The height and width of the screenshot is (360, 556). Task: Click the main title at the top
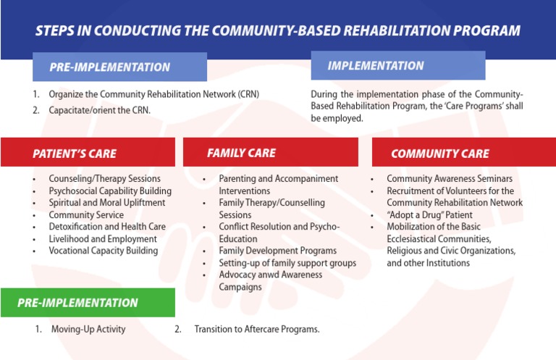click(x=278, y=30)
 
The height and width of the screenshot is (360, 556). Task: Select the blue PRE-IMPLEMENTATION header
click(x=119, y=67)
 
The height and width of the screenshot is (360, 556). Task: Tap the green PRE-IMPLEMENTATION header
click(x=88, y=303)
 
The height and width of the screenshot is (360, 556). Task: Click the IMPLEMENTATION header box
click(x=397, y=66)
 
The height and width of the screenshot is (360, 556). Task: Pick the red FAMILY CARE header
click(x=270, y=153)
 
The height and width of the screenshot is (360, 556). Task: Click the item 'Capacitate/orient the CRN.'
click(x=99, y=110)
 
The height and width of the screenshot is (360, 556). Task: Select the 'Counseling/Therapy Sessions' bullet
click(x=104, y=178)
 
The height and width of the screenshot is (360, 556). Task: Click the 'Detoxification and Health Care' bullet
click(x=107, y=227)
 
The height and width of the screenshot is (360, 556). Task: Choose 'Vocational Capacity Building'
click(x=103, y=251)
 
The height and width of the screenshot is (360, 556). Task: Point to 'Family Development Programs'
click(x=277, y=251)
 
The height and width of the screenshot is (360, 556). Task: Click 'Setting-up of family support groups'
click(x=287, y=263)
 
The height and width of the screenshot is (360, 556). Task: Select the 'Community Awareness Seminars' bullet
click(x=450, y=178)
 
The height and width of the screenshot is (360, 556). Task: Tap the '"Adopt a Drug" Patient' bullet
click(x=429, y=215)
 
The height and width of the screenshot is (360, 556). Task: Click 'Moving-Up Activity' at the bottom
click(x=88, y=329)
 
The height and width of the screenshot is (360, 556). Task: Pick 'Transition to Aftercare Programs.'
click(x=256, y=329)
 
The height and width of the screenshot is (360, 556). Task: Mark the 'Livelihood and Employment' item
click(x=102, y=239)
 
